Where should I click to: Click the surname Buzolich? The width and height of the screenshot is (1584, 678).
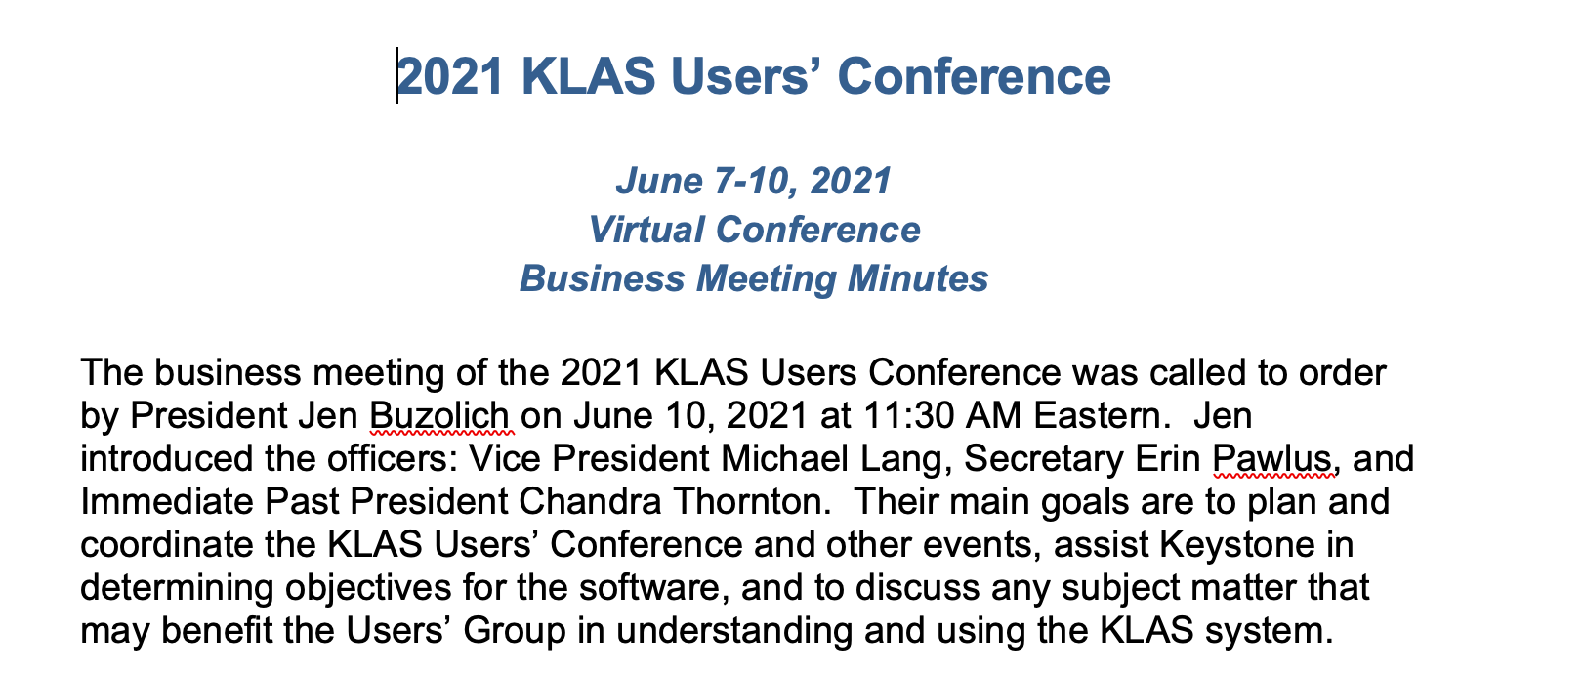[x=439, y=416]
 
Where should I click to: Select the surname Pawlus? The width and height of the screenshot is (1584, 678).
[x=1273, y=459]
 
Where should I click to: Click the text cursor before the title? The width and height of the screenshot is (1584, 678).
[x=397, y=76]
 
